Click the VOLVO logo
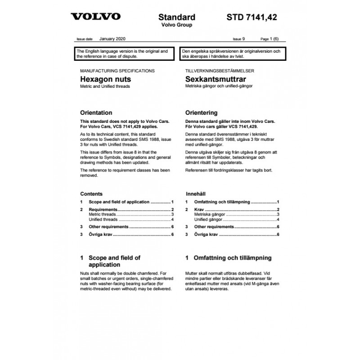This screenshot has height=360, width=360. coord(95,17)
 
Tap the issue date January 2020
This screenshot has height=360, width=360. coord(113,39)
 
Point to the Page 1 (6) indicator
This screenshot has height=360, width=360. coord(270,40)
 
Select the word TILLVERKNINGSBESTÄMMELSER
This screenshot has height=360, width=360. coord(220,71)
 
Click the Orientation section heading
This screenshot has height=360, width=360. coord(96,112)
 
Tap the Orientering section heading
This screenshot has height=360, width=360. coord(202,112)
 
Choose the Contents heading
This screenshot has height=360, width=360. coord(91,193)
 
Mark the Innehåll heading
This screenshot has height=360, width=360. coord(196,193)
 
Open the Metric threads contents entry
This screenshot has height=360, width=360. coord(103,215)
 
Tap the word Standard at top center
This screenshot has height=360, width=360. coord(177,17)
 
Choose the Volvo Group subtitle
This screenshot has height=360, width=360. coord(177,25)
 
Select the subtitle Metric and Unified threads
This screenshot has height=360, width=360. coord(104,86)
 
